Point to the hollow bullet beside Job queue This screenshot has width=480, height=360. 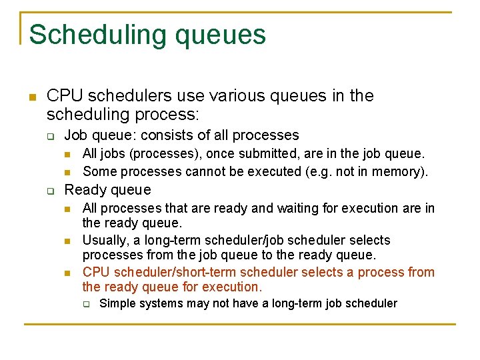click(x=49, y=135)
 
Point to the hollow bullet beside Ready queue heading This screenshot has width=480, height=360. click(x=49, y=191)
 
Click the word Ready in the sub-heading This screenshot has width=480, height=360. click(x=83, y=190)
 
